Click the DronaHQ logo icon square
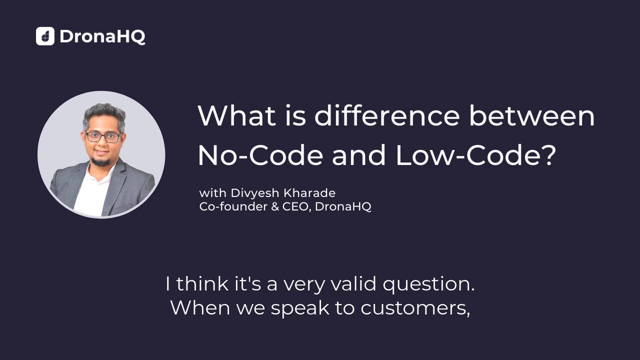click(45, 36)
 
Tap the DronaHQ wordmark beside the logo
click(102, 36)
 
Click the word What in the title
click(236, 116)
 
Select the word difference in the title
click(386, 116)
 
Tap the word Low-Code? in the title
click(475, 156)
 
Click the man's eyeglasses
click(102, 136)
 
